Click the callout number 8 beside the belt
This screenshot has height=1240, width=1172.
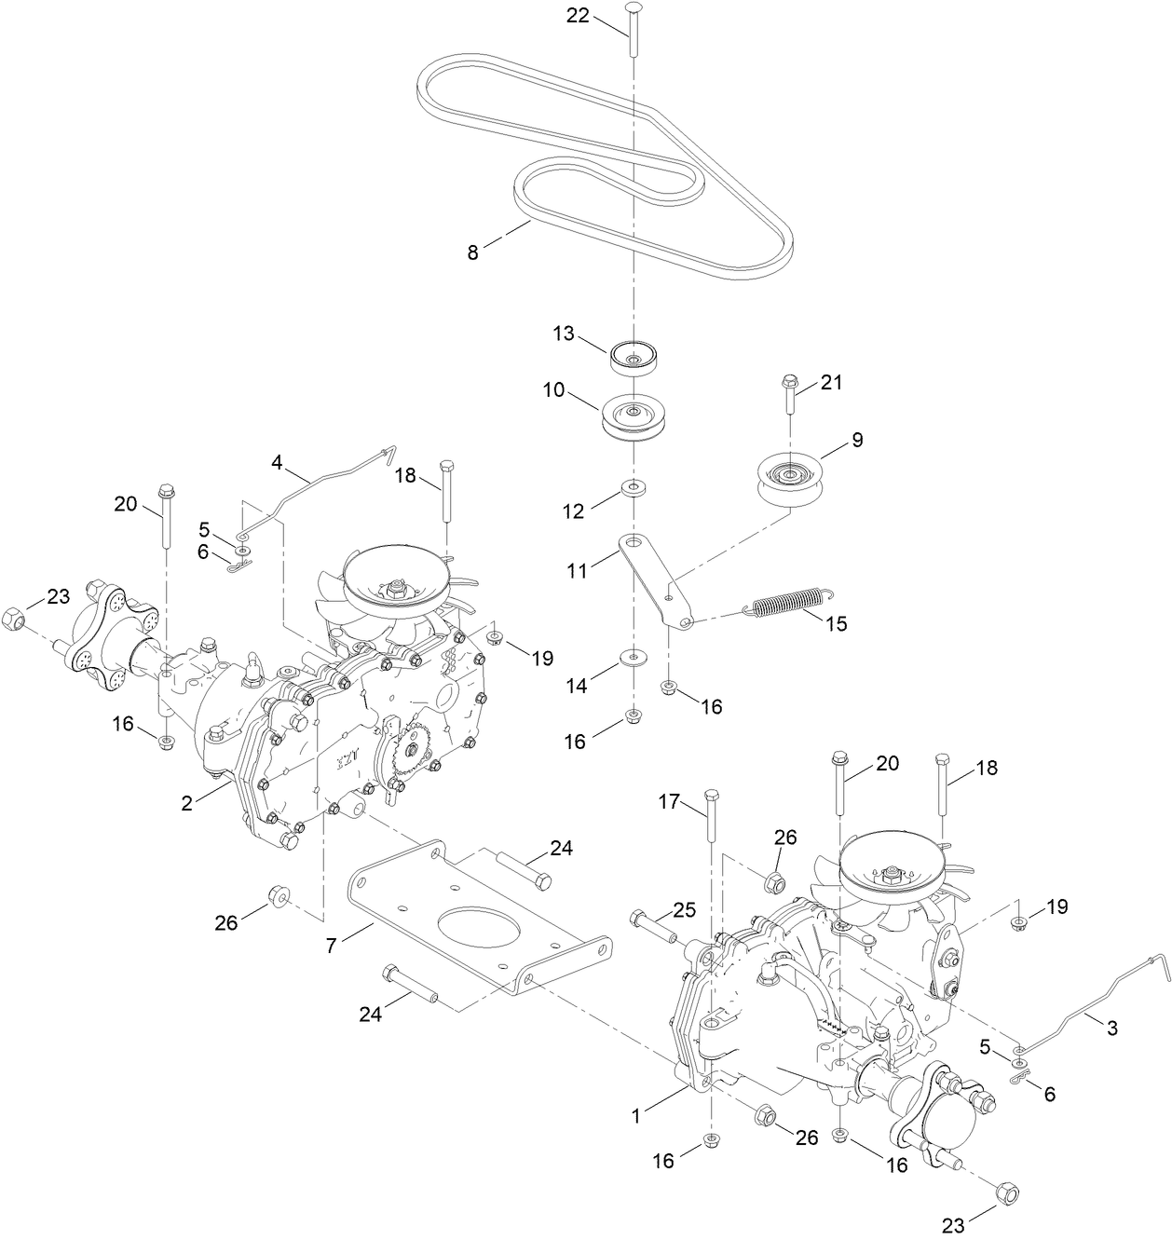(x=473, y=252)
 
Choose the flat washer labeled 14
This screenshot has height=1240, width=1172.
(x=634, y=659)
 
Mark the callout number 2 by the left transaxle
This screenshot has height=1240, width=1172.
(x=187, y=802)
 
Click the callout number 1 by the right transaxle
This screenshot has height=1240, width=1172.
(x=637, y=1113)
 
